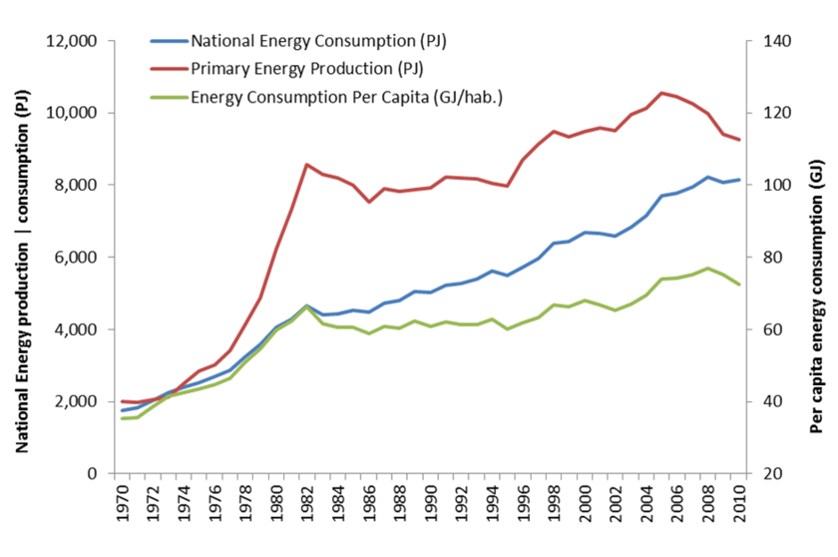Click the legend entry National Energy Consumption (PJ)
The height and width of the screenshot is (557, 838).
(317, 41)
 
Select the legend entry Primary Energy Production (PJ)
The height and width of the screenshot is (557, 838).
(307, 69)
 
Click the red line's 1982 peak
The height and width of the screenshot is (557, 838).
(307, 165)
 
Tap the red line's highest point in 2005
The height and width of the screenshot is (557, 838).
(661, 93)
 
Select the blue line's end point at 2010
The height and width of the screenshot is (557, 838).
(739, 180)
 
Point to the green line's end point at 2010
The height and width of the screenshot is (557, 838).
(739, 284)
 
